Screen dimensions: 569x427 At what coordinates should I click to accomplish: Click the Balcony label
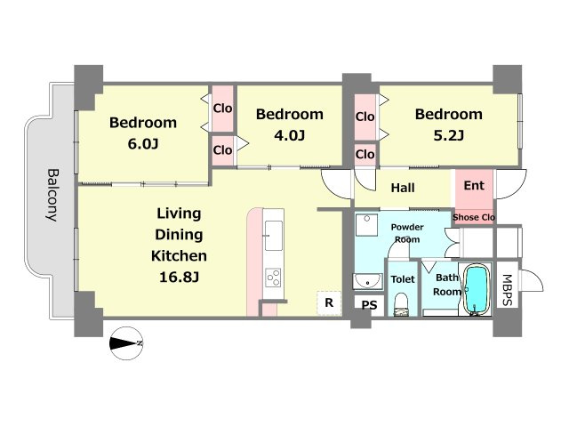coord(52,195)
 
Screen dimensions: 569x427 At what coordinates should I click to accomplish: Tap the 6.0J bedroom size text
coord(143,144)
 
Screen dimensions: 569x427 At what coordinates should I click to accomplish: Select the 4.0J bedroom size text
coord(289,136)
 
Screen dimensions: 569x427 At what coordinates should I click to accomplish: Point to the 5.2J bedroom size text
coord(448,136)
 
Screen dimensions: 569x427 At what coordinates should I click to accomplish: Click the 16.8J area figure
coord(179,278)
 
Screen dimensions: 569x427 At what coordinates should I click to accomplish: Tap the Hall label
coord(403,188)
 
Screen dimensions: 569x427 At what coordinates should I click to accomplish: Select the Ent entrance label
coord(474,186)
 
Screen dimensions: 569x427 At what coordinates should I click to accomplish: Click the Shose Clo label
coord(474,217)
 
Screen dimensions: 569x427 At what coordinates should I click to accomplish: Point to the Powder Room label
coord(407,233)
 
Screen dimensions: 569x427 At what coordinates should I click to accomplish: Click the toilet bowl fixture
coord(401,304)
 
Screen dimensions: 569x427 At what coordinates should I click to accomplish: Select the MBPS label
coord(507,290)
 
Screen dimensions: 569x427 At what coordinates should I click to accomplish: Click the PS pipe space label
coord(370,305)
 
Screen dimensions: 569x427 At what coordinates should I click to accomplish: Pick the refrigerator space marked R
coord(329,302)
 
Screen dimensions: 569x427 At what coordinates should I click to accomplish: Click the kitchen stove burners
coord(273,278)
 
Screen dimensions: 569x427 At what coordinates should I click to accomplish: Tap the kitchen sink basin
coord(274,235)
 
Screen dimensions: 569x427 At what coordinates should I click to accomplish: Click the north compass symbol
coord(126,343)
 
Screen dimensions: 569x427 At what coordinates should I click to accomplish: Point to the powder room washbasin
coord(367,281)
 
